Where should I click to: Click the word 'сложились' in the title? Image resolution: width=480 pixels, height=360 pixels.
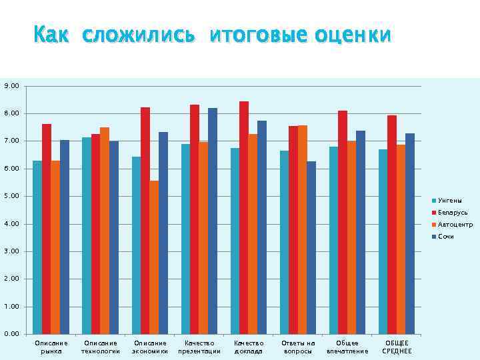tap(139, 35)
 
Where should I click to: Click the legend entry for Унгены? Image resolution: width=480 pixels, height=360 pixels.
tap(449, 201)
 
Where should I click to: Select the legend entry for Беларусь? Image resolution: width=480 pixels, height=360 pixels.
tap(452, 213)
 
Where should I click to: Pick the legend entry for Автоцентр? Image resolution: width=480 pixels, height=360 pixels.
tap(455, 225)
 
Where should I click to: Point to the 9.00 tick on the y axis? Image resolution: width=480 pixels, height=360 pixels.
tap(11, 86)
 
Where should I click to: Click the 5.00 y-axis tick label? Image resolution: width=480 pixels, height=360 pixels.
tap(11, 197)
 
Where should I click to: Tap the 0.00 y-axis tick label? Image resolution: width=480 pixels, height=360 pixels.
tap(11, 334)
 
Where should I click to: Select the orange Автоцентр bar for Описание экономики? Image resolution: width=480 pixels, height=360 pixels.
tap(155, 257)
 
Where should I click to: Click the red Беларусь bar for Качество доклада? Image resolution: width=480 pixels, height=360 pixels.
tap(244, 217)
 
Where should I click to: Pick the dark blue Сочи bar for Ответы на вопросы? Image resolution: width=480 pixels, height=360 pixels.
tap(311, 247)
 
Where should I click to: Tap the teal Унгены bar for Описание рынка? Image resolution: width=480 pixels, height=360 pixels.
tap(37, 247)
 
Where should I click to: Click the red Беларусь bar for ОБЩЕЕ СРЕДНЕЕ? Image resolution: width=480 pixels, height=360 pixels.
tap(392, 225)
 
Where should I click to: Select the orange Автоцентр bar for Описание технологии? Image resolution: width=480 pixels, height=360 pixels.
tap(105, 231)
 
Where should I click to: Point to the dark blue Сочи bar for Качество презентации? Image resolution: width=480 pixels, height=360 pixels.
tap(213, 221)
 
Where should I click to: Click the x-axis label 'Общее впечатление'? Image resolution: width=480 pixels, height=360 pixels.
tap(347, 347)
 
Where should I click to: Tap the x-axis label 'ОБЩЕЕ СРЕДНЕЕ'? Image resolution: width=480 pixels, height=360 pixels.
tap(397, 347)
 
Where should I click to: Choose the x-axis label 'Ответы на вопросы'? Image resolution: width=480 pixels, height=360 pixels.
tap(298, 347)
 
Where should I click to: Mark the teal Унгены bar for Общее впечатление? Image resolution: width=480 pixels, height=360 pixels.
tap(333, 240)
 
